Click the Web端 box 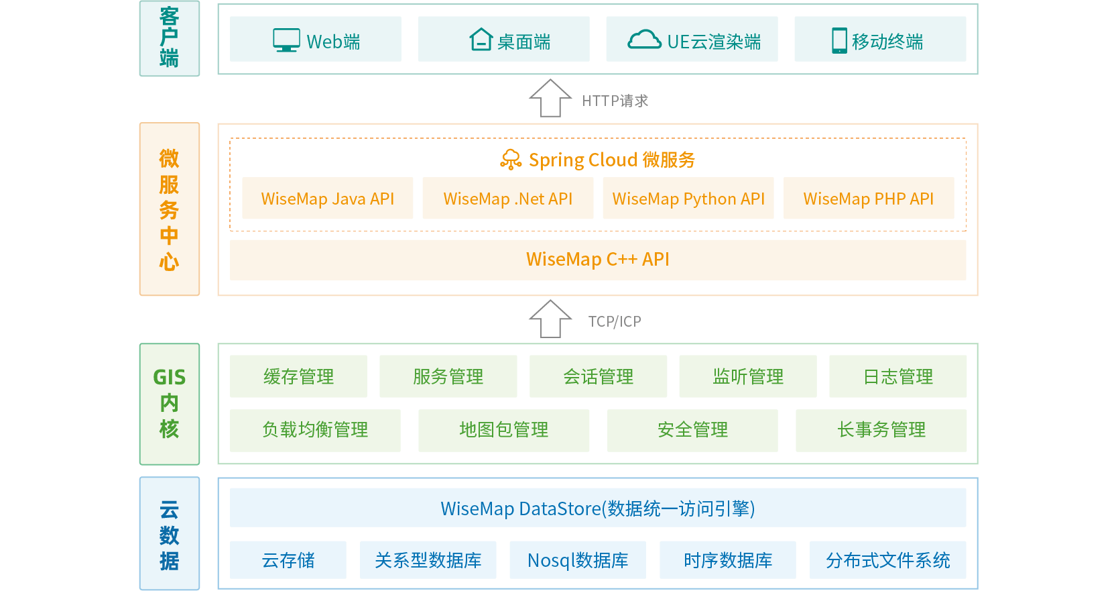pos(315,40)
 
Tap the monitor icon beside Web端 pos(286,40)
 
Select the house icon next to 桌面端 pos(481,40)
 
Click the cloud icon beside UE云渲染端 pos(644,40)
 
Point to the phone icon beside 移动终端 pos(839,40)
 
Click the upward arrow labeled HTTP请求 pos(550,98)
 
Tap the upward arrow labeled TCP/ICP pos(550,319)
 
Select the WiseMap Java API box pos(327,199)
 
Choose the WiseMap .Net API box pos(507,199)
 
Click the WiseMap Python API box pos(688,199)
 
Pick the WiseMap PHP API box pos(868,199)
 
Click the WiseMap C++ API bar pos(597,260)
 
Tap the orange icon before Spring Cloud pos(511,160)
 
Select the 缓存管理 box pos(298,376)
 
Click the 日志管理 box pos(897,376)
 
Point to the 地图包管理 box pos(503,430)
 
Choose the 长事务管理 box pos(881,430)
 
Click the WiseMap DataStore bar pos(597,508)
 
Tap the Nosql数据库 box pos(577,560)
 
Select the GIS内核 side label pos(169,404)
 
